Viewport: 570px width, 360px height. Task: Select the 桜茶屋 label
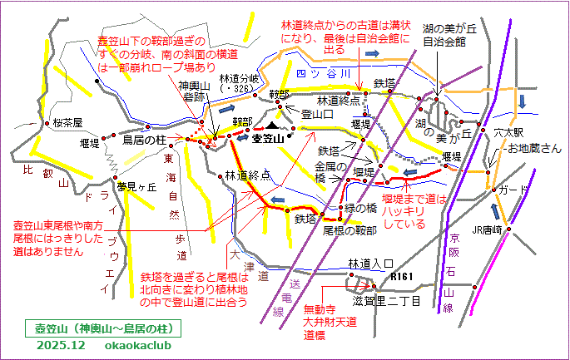coord(68,122)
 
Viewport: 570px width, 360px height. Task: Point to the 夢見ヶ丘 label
coord(136,186)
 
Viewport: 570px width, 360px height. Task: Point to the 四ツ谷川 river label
coord(311,72)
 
